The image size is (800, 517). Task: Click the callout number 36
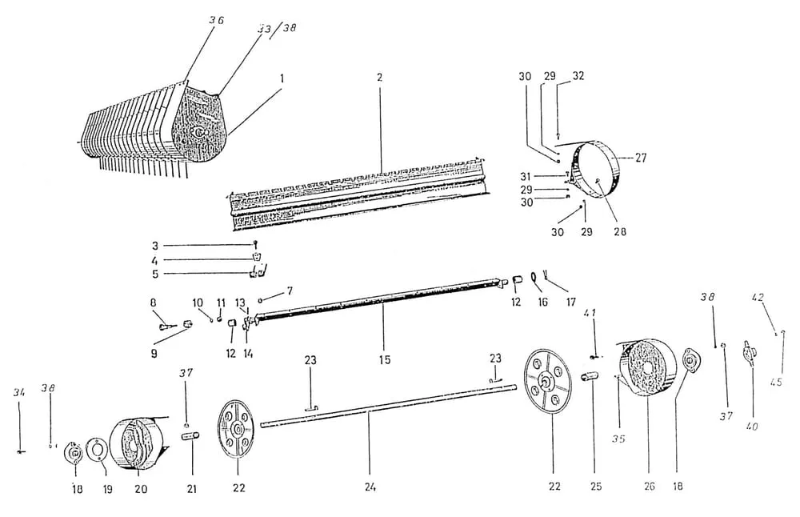pyautogui.click(x=216, y=21)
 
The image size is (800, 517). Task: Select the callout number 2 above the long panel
pyautogui.click(x=379, y=78)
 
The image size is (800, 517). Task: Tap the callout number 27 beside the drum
pyautogui.click(x=640, y=158)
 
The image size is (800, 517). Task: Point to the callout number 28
pyautogui.click(x=619, y=231)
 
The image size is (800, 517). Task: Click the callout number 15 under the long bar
pyautogui.click(x=385, y=359)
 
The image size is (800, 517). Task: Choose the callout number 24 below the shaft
pyautogui.click(x=370, y=487)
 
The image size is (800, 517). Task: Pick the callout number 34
pyautogui.click(x=19, y=392)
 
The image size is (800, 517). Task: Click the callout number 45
pyautogui.click(x=775, y=381)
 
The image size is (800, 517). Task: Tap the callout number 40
pyautogui.click(x=751, y=426)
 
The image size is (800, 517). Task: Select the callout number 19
pyautogui.click(x=107, y=489)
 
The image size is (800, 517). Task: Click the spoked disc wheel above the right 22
pyautogui.click(x=548, y=380)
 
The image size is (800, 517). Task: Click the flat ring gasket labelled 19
pyautogui.click(x=95, y=449)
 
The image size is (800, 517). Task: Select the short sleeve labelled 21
pyautogui.click(x=191, y=436)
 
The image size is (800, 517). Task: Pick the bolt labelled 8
pyautogui.click(x=167, y=324)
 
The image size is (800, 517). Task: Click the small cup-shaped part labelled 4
pyautogui.click(x=257, y=255)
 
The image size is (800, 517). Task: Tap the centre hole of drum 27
pyautogui.click(x=597, y=180)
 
